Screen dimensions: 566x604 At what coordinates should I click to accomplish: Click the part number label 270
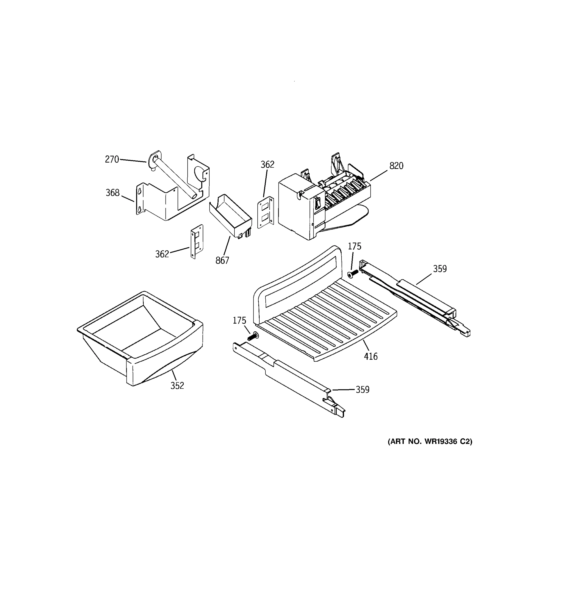pos(112,159)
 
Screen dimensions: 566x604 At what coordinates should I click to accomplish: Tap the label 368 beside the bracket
pos(112,193)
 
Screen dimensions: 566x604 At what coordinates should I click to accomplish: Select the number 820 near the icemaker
pos(396,166)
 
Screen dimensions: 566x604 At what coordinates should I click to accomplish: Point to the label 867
pos(222,260)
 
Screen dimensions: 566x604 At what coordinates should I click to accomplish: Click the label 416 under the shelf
pos(371,356)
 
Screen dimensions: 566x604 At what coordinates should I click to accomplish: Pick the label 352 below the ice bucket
pos(177,386)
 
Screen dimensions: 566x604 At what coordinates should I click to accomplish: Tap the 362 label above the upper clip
pos(267,164)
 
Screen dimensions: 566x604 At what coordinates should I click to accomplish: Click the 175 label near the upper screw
pos(354,246)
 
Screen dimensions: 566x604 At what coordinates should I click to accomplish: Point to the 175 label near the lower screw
pos(239,321)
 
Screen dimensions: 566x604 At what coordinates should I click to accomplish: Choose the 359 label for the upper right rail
pos(440,269)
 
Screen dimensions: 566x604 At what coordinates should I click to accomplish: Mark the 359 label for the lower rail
pos(362,390)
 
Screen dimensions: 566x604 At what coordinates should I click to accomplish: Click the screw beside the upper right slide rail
pos(352,274)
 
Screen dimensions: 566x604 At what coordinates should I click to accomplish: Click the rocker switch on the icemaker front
pos(318,203)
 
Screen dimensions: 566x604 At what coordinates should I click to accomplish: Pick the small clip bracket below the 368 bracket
pos(197,242)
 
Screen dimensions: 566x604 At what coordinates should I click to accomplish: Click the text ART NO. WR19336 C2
pos(430,441)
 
